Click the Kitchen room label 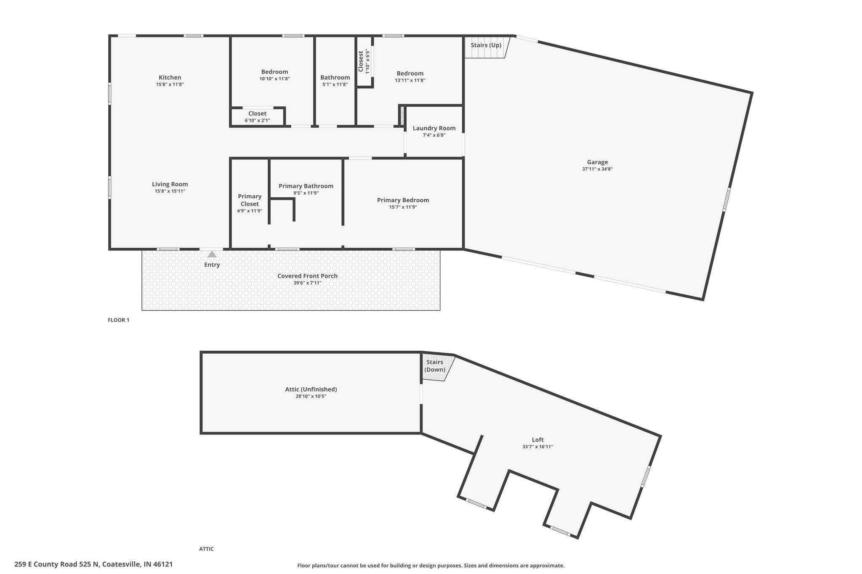(x=170, y=77)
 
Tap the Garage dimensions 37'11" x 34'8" (x=597, y=169)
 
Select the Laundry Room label (x=434, y=128)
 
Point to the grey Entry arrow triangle (x=212, y=254)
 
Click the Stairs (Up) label (x=486, y=45)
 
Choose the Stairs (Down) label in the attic (x=435, y=366)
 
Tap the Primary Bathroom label (x=306, y=186)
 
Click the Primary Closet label (x=250, y=200)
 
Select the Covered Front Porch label (x=307, y=276)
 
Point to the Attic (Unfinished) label (x=311, y=389)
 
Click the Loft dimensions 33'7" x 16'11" (x=537, y=447)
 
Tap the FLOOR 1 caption (x=119, y=320)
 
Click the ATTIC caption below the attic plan (x=206, y=549)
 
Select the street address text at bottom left (x=93, y=564)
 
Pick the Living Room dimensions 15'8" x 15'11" (x=170, y=191)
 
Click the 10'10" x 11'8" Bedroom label (x=274, y=75)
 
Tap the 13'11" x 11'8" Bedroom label (x=410, y=77)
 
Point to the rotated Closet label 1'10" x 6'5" (x=364, y=61)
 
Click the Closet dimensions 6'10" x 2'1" (x=257, y=121)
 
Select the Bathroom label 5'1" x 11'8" (x=335, y=80)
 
